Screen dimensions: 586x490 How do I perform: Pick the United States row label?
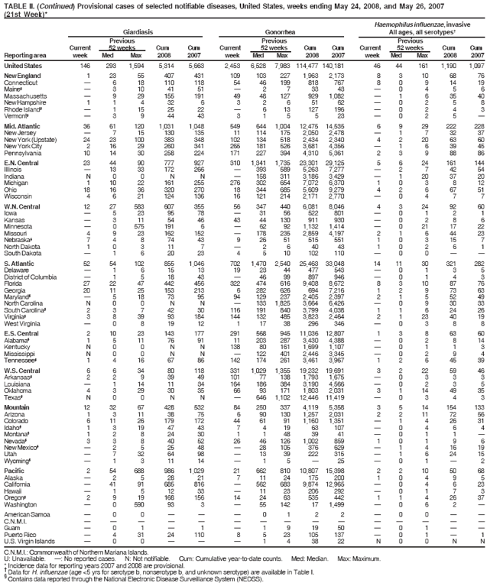point(24,67)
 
